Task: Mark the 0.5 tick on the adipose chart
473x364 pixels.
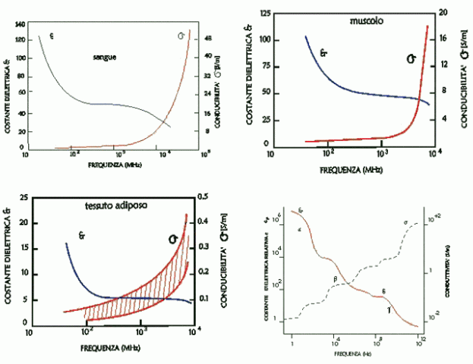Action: click(x=203, y=196)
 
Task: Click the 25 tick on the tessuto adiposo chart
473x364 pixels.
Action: click(x=23, y=197)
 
